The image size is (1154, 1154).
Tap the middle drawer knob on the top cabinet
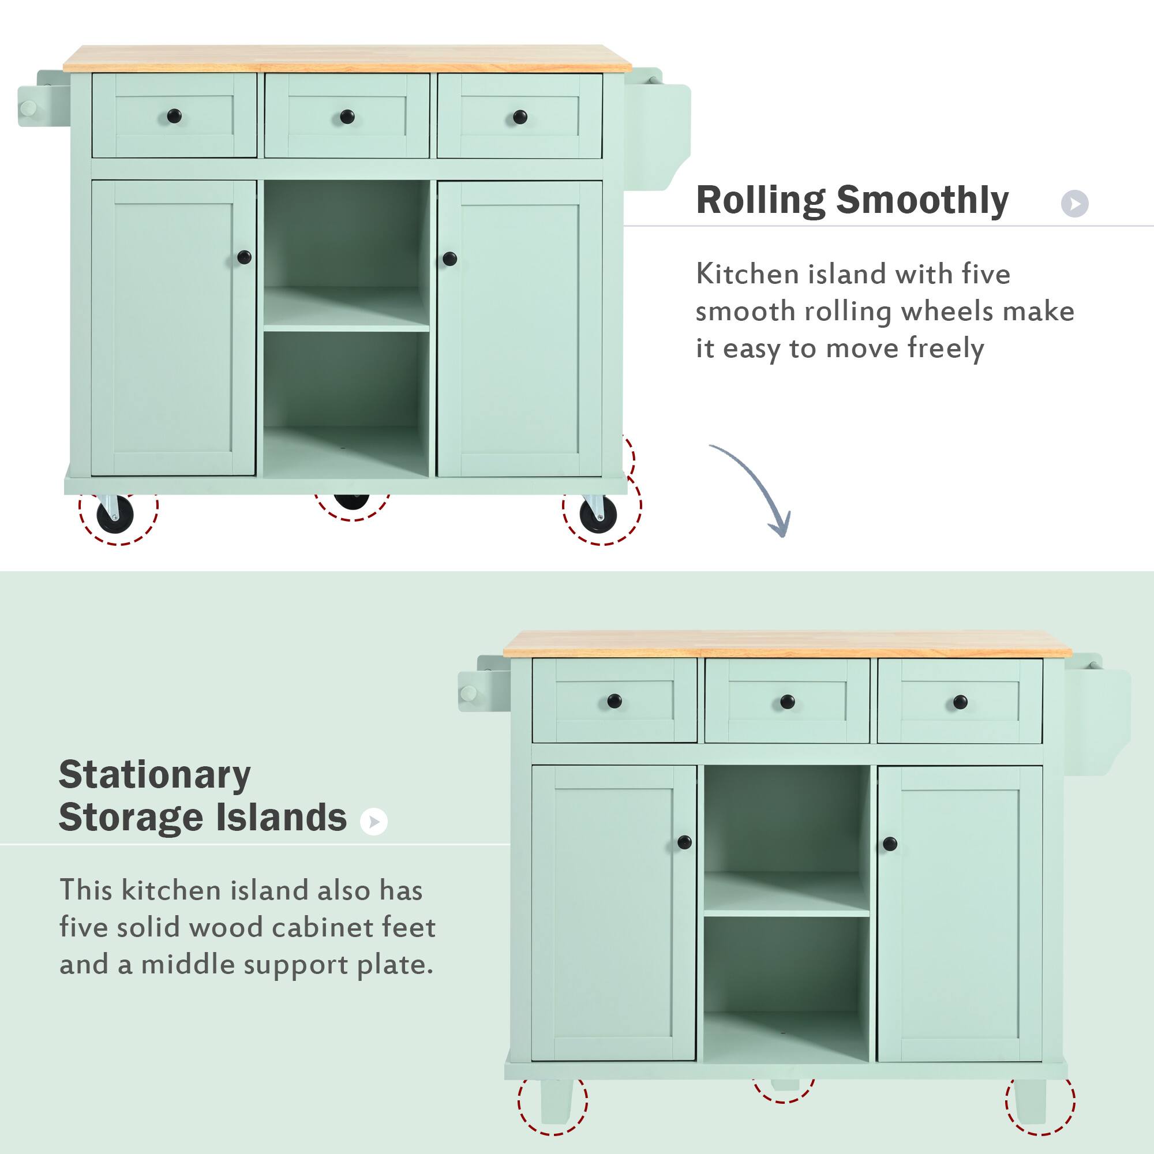pyautogui.click(x=347, y=117)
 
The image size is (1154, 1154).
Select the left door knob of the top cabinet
pyautogui.click(x=243, y=257)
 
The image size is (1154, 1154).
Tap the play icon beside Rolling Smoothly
pyautogui.click(x=1074, y=204)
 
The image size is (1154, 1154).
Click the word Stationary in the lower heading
pyautogui.click(x=154, y=775)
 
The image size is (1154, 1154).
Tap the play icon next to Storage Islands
pyautogui.click(x=374, y=822)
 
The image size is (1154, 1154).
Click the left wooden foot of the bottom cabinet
pyautogui.click(x=556, y=1100)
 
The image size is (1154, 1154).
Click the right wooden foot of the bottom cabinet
pyautogui.click(x=1030, y=1100)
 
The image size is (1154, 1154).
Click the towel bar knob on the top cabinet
pyautogui.click(x=28, y=109)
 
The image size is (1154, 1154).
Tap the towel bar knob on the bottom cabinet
pyautogui.click(x=469, y=694)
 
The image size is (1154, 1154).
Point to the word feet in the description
pyautogui.click(x=409, y=927)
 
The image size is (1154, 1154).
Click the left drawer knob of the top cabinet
pyautogui.click(x=174, y=115)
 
